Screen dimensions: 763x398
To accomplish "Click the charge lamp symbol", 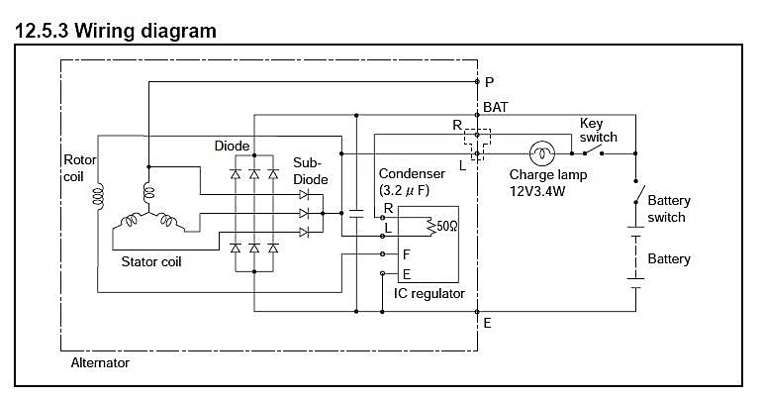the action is point(541,153).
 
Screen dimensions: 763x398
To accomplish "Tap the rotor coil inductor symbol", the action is point(98,197).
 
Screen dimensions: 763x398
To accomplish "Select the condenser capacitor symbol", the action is point(356,213).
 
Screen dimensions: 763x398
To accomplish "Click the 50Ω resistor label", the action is point(446,227).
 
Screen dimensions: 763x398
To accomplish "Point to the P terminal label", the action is point(489,82).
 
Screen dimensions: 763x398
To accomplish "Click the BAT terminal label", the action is point(496,107).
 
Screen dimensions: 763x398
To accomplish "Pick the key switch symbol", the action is point(593,151).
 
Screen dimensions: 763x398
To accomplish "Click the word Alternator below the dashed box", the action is point(100,363).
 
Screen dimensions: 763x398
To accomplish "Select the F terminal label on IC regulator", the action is point(407,254).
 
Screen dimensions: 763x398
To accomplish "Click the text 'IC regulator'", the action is point(429,294).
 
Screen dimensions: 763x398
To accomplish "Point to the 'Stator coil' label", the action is point(150,261).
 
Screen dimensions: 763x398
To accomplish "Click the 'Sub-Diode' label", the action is point(310,171).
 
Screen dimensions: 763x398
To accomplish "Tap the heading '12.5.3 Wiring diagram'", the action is point(116,31).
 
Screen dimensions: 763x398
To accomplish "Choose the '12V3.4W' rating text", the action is point(537,191).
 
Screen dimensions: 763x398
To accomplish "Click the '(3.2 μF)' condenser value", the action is point(404,190).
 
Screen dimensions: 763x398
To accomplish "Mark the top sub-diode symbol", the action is point(303,195).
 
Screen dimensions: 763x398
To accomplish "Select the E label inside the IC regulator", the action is point(407,275).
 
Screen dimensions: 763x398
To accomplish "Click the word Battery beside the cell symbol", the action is point(669,259).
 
